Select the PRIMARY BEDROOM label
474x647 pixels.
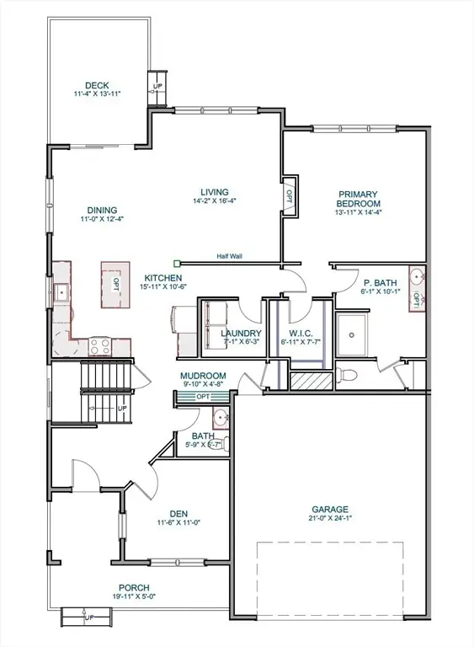point(359,198)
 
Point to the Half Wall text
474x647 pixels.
point(229,257)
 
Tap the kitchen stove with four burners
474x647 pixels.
point(100,344)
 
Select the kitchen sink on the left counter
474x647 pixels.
point(61,293)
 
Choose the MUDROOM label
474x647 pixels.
point(202,376)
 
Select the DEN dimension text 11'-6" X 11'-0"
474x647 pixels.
point(178,521)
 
